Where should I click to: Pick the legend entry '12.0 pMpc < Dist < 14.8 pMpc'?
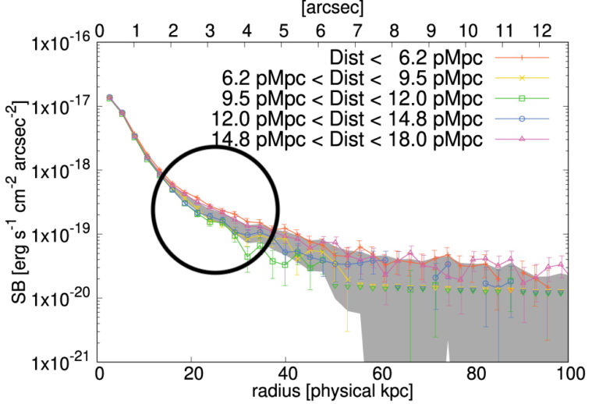click(349, 119)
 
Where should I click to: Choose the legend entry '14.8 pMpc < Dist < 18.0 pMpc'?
click(349, 139)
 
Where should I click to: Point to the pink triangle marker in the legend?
click(523, 139)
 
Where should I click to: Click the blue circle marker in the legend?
click(523, 119)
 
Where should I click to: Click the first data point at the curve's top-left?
click(109, 97)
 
